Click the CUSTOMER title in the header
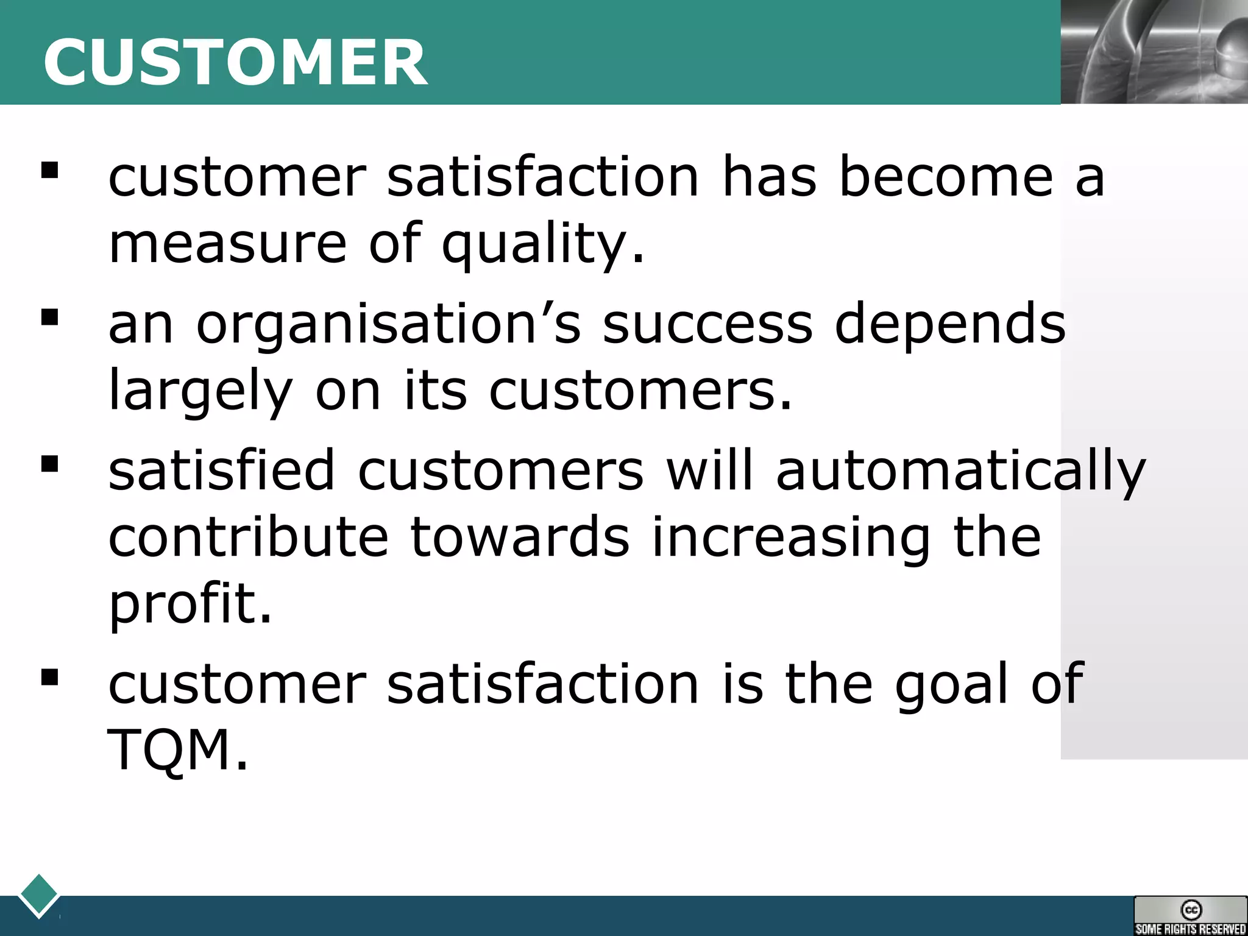click(235, 62)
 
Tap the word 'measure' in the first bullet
click(227, 244)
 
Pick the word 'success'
click(707, 325)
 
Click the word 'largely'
click(200, 392)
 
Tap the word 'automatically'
click(961, 471)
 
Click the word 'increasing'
click(791, 538)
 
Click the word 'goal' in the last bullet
click(951, 685)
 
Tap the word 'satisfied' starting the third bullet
click(222, 470)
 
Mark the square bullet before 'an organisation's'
click(49, 317)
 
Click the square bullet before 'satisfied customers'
click(49, 464)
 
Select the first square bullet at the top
click(49, 170)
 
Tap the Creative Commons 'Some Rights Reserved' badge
click(1190, 915)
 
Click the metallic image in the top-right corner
click(1154, 51)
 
